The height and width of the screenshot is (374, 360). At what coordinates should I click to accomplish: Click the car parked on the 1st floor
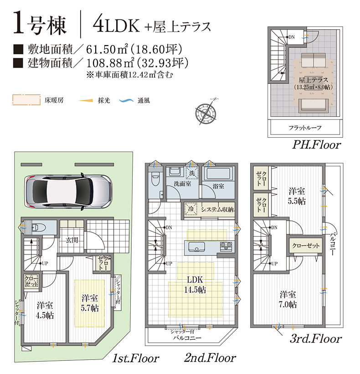pos(69,192)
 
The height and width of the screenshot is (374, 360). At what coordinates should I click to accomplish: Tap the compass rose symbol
pos(206,112)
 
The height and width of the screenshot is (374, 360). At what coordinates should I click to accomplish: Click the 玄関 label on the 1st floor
pos(72,240)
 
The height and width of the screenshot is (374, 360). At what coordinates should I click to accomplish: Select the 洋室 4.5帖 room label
pos(45,310)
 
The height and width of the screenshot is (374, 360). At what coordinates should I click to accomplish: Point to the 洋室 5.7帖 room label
pos(90,303)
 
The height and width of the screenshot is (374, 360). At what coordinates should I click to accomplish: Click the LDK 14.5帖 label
pos(195,285)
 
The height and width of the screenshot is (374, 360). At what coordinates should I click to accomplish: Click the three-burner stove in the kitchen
pos(226,247)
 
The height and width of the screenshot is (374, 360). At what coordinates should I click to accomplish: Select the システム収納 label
pos(217,209)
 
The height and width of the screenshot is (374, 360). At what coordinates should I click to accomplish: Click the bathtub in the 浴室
pos(218,174)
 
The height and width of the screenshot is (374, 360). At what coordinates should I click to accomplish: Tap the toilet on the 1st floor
pos(37,227)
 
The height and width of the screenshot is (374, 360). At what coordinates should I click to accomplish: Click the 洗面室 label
pos(182,184)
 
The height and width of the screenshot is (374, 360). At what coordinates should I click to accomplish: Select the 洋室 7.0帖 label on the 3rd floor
pos(288,299)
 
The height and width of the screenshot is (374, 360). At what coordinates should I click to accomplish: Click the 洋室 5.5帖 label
pos(297,196)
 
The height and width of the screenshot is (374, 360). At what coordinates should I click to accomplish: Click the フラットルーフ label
pos(305,128)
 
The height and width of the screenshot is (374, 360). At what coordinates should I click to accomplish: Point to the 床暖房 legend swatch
pos(26,100)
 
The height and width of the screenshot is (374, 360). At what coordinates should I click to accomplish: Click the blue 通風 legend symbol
pos(126,100)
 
